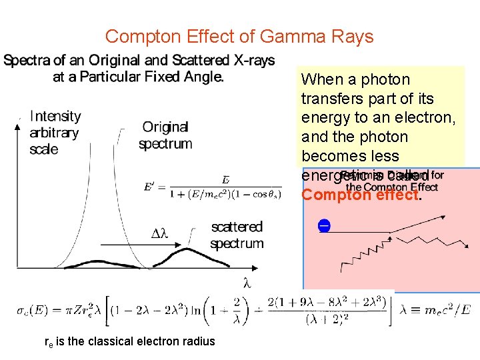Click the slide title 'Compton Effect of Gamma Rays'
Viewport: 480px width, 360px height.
(x=239, y=36)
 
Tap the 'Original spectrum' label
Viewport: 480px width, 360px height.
(x=165, y=135)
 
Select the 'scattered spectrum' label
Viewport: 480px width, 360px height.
(x=237, y=235)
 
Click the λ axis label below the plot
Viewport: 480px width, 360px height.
(x=247, y=283)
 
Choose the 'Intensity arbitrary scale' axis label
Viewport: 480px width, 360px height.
(x=55, y=132)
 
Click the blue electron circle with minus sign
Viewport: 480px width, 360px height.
(x=323, y=225)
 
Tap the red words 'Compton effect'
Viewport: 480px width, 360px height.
(x=360, y=195)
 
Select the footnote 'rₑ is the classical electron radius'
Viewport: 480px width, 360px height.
(x=129, y=341)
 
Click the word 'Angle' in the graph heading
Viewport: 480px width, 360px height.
(x=202, y=77)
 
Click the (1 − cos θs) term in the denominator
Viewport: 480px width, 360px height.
(x=253, y=195)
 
